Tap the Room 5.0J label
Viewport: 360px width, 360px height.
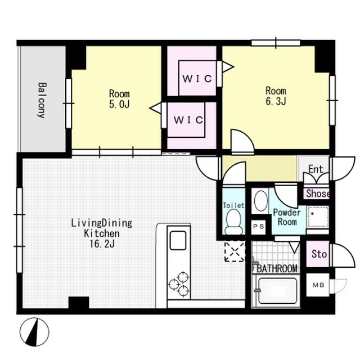[119, 99]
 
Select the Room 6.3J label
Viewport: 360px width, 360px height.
[276, 96]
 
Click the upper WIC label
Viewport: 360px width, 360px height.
[197, 79]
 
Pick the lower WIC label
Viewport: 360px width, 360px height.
[188, 120]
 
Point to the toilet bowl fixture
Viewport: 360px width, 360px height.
[234, 222]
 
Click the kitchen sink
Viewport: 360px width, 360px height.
[178, 240]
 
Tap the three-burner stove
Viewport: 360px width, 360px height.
[179, 285]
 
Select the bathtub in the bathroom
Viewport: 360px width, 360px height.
[277, 291]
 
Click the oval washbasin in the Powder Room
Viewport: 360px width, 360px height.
[261, 200]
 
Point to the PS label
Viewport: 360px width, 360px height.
[259, 227]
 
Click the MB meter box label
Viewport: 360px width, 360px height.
[318, 285]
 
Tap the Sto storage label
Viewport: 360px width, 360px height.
[319, 254]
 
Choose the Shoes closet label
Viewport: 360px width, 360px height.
[318, 193]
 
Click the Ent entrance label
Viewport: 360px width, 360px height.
[316, 169]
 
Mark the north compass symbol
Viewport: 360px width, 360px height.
[34, 332]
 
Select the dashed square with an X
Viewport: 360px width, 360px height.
[235, 251]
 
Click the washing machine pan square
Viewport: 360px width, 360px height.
[318, 217]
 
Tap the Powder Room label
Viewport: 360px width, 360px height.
[287, 217]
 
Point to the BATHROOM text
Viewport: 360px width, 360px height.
[277, 268]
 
